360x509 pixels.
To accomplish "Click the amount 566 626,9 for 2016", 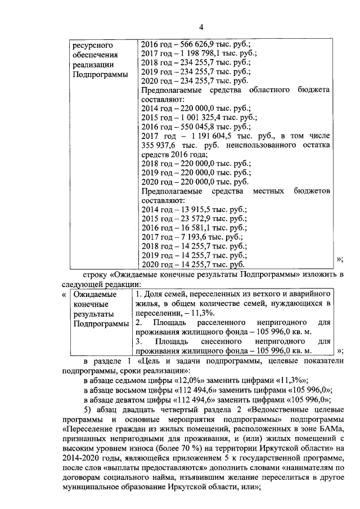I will tap(197, 44).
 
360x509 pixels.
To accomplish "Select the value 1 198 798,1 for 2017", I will tap(201, 54).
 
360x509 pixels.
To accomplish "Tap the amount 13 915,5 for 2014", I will tap(195, 209).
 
